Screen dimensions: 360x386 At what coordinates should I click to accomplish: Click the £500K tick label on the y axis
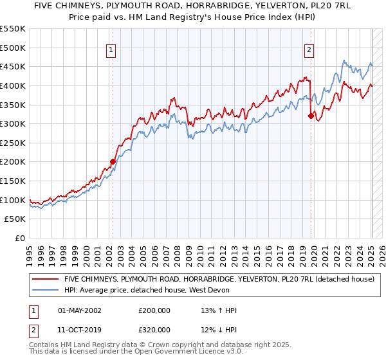point(13,48)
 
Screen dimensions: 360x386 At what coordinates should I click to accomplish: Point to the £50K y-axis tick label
point(15,219)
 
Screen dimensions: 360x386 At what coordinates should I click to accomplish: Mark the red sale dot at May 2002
point(113,162)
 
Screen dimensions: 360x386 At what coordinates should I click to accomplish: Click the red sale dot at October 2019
point(311,116)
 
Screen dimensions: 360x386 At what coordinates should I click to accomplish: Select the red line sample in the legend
point(45,280)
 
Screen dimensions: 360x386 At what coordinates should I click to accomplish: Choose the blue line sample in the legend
point(45,291)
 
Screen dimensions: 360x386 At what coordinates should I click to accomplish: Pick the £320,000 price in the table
point(154,328)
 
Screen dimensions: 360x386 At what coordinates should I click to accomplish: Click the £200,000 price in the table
point(154,310)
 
